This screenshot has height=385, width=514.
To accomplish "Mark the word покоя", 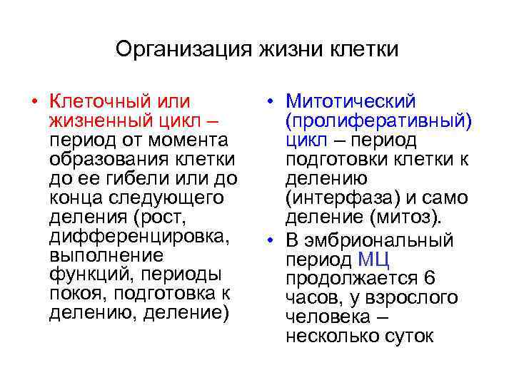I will [x=74, y=293].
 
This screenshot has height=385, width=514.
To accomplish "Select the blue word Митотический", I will [x=351, y=101].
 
